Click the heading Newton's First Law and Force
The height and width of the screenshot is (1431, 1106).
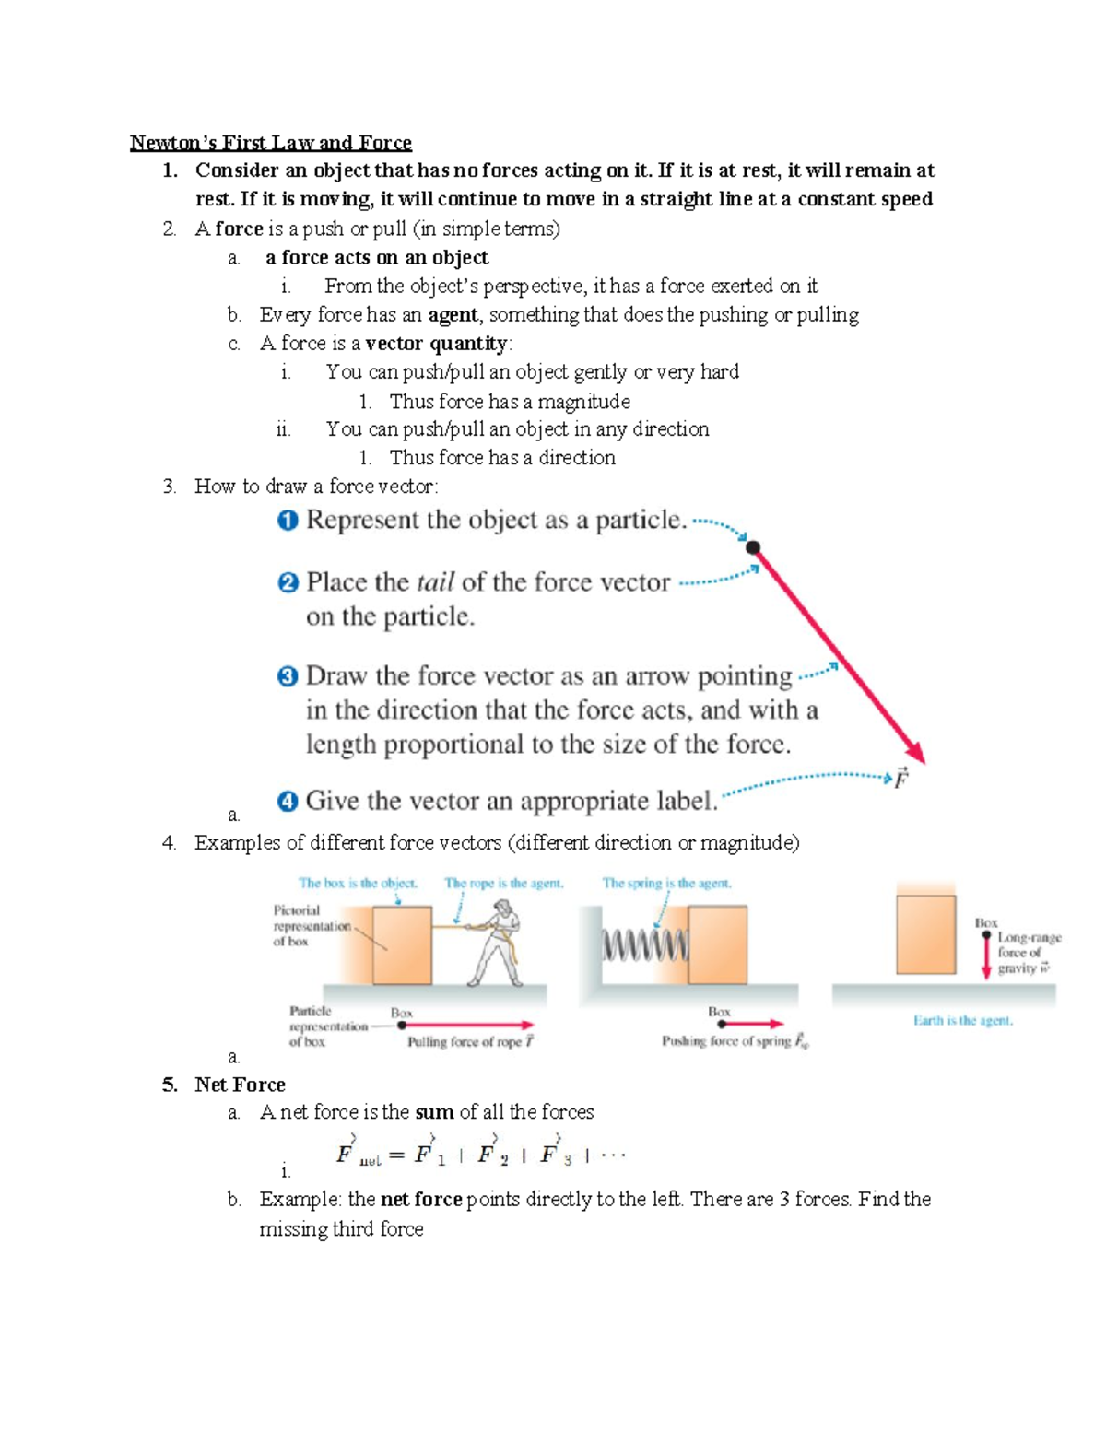point(270,143)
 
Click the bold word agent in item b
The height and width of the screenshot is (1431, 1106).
point(453,315)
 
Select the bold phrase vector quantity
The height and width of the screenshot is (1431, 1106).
point(436,344)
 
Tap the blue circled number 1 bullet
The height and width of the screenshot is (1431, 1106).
point(288,521)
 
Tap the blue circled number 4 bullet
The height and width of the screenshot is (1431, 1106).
point(288,802)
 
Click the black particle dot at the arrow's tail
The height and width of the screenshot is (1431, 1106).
point(753,547)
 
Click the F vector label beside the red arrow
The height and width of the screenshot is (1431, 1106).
point(900,779)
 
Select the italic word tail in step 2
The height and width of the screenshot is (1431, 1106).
point(435,582)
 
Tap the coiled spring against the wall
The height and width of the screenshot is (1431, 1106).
point(644,945)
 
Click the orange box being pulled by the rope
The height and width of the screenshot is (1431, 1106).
point(402,945)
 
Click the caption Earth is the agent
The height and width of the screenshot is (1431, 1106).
point(962,1020)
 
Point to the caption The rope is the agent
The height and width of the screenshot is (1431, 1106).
point(503,883)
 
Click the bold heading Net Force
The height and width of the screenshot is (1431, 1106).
point(240,1085)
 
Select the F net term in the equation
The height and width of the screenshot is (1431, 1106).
point(357,1155)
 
